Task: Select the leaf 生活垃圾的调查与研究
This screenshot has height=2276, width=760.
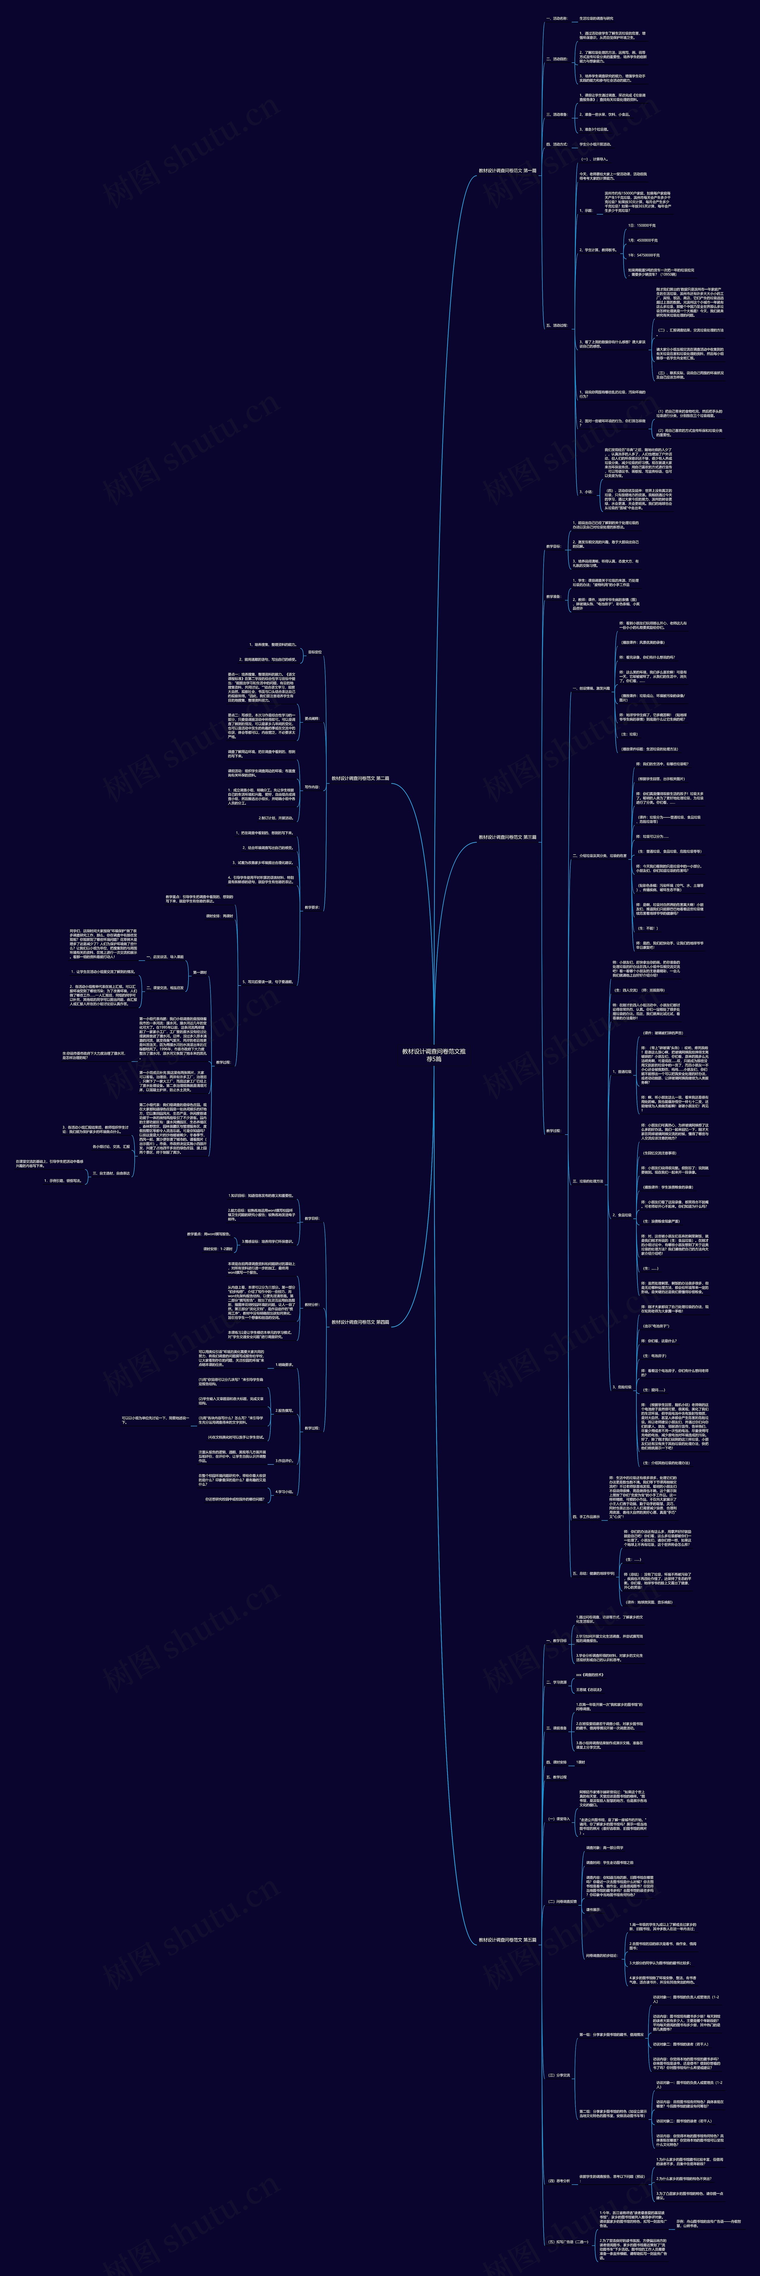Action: [596, 18]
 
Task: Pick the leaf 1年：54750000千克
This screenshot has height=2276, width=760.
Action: [643, 254]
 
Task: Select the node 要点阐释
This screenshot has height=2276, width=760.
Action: [312, 718]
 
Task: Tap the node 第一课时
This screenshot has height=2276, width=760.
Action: [200, 972]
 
